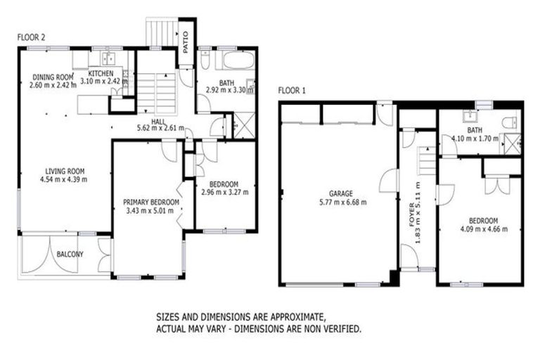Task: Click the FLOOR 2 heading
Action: click(31, 37)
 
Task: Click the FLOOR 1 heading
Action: click(292, 90)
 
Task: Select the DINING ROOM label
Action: click(53, 77)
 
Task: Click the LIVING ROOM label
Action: click(65, 170)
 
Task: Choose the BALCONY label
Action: click(70, 254)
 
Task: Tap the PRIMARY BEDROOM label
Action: click(150, 202)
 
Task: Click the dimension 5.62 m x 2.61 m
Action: click(160, 129)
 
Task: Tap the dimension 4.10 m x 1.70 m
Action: click(475, 139)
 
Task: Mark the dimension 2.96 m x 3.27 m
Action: click(224, 192)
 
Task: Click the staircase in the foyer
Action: click(425, 163)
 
